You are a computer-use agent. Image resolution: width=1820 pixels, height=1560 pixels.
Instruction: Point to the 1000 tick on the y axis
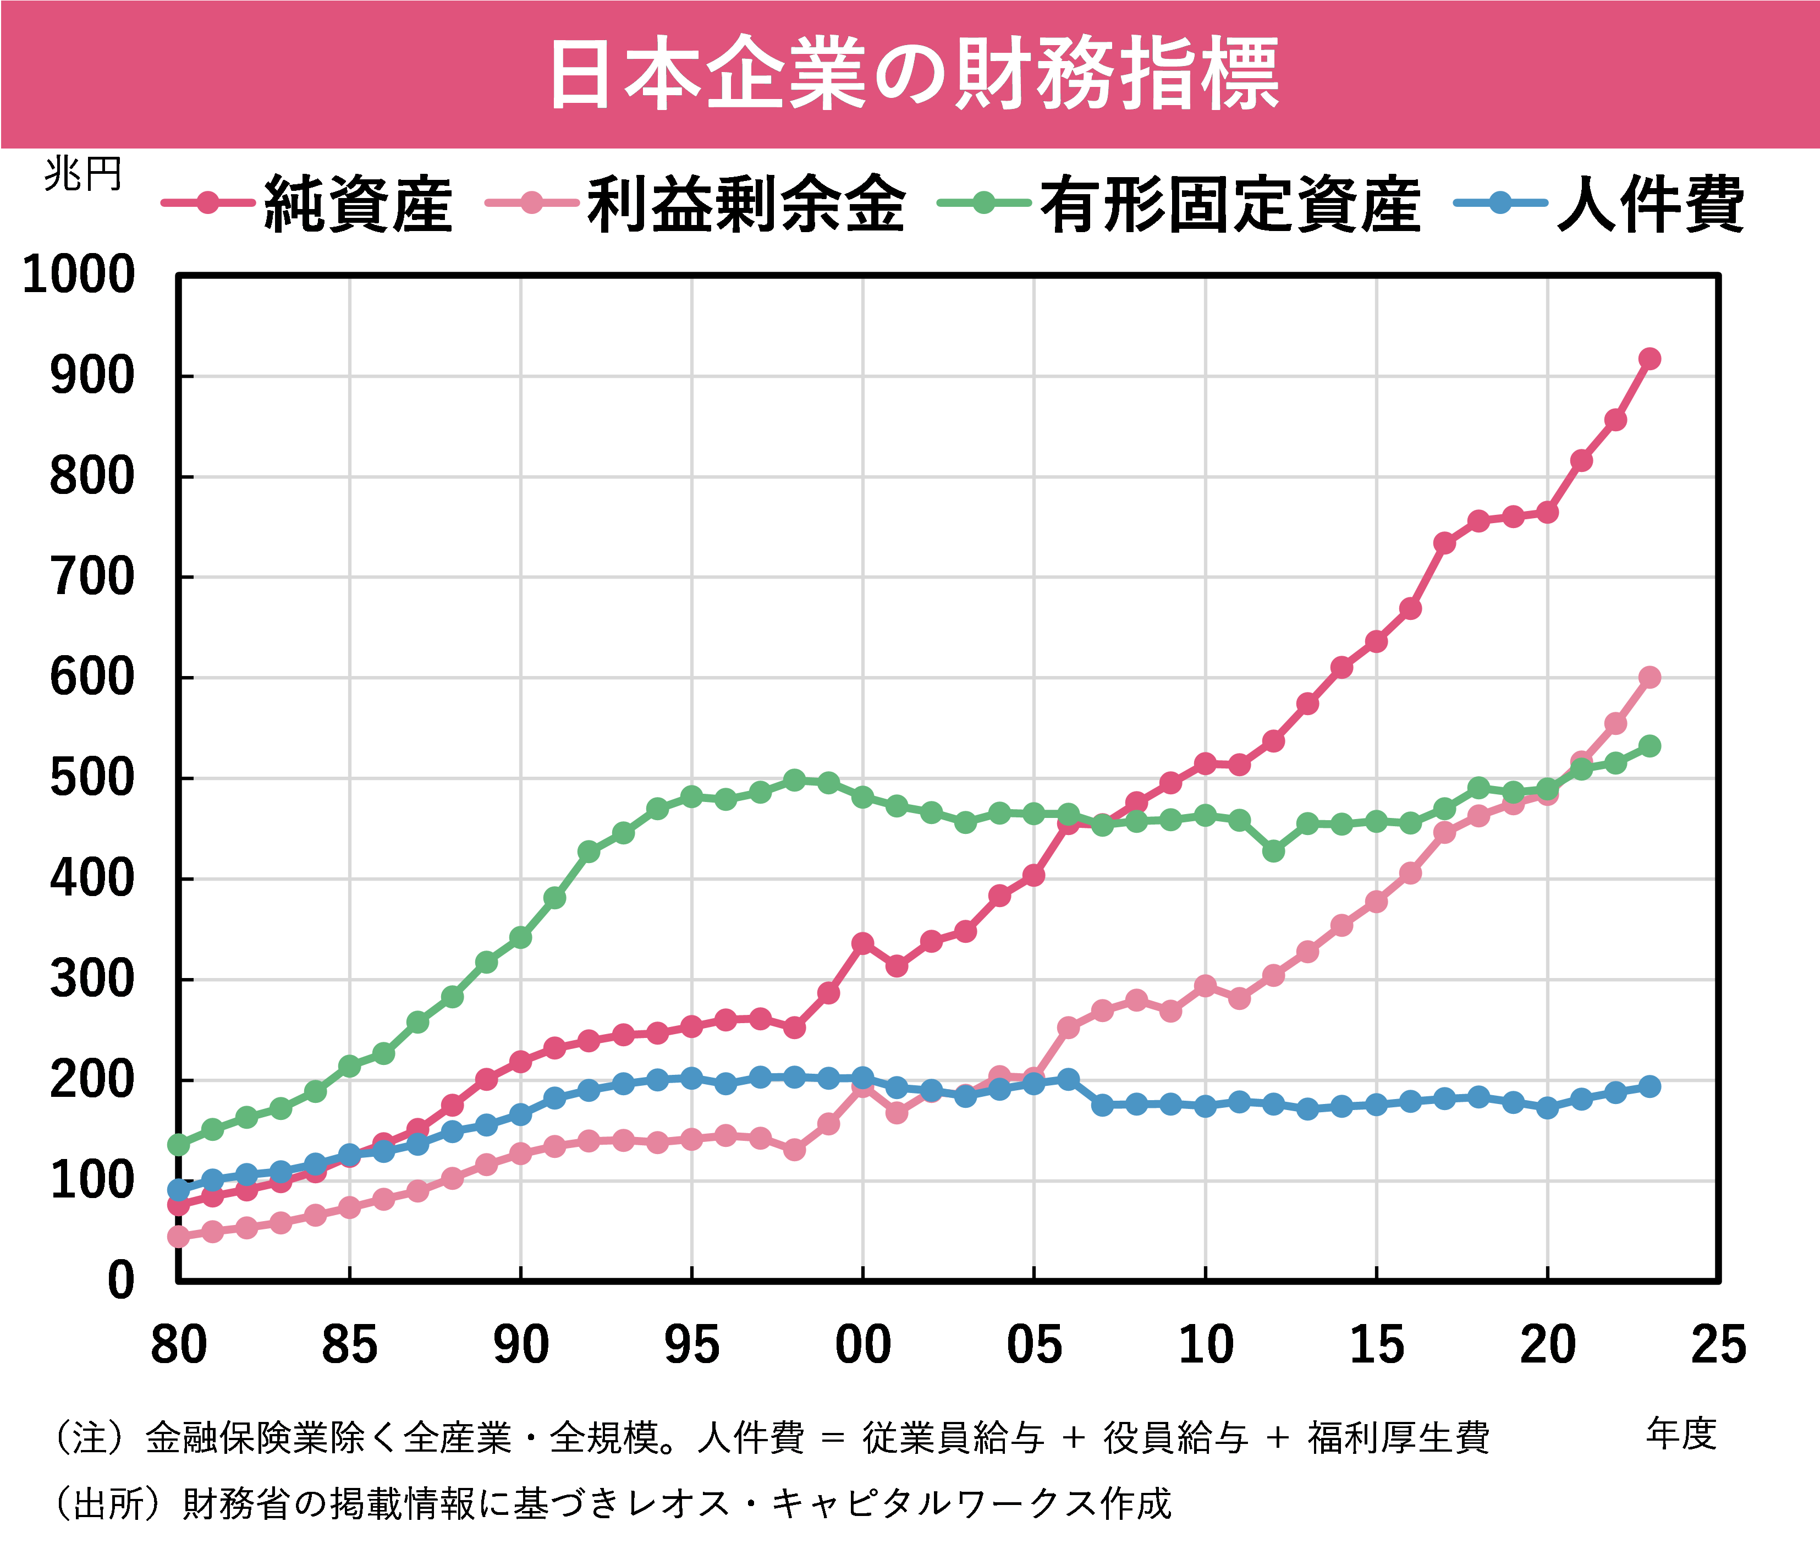click(79, 275)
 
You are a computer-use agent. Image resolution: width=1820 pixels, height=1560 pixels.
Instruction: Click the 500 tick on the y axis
click(92, 778)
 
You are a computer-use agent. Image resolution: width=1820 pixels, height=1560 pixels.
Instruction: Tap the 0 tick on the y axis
click(121, 1281)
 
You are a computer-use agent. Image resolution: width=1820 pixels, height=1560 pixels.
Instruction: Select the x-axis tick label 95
click(691, 1345)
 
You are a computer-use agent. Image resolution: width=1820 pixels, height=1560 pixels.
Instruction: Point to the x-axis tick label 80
click(178, 1345)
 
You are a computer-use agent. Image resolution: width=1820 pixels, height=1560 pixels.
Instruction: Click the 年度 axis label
click(1680, 1433)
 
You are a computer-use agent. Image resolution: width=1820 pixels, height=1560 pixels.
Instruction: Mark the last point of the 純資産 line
click(1649, 359)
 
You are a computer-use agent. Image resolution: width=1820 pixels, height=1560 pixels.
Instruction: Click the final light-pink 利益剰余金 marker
click(1649, 677)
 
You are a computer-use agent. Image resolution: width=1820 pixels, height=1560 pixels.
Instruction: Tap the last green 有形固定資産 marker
click(1649, 746)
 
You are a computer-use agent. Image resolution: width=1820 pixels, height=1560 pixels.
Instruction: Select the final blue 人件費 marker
click(1649, 1086)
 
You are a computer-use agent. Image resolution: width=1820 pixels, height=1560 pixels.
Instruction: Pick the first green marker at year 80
click(178, 1145)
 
